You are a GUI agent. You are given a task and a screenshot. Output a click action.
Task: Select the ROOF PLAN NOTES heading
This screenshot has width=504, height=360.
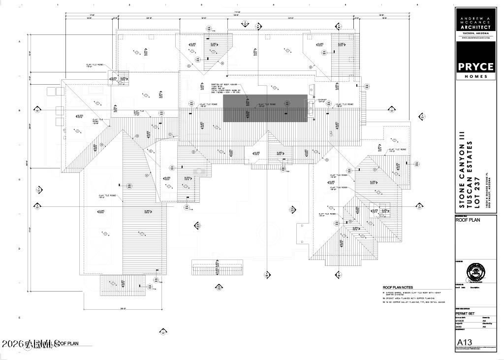tap(398, 287)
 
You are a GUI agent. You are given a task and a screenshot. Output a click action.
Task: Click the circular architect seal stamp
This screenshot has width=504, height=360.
tap(475, 271)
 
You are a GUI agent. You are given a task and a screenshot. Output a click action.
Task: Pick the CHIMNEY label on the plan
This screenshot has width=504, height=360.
tap(322, 99)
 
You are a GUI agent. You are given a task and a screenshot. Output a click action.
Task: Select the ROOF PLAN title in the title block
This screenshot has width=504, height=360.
tap(468, 220)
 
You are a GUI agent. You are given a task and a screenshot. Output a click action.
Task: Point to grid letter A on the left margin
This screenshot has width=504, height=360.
tap(20, 42)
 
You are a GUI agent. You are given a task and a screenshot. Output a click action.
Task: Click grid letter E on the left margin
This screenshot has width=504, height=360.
tap(20, 318)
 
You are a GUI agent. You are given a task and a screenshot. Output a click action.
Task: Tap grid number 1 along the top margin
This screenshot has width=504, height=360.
tap(58, 5)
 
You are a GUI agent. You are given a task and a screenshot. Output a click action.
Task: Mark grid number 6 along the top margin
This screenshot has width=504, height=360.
tap(417, 5)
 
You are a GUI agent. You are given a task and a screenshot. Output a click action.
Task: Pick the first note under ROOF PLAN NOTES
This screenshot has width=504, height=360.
tap(413, 294)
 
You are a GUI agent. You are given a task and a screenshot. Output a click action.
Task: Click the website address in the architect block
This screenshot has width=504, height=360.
tap(476, 37)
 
